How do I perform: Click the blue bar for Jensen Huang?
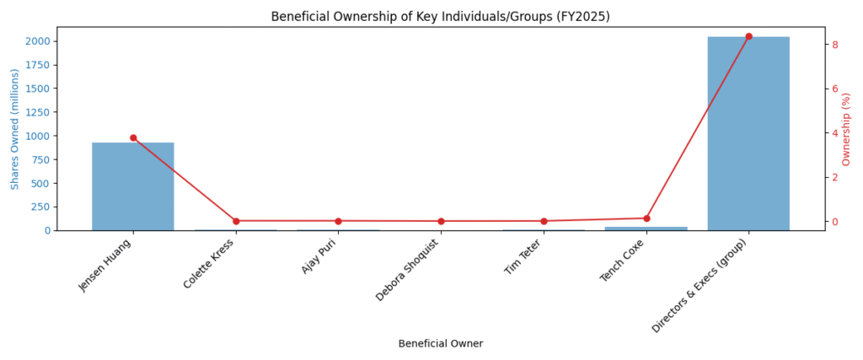pos(132,186)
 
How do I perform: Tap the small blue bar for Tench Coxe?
pos(646,228)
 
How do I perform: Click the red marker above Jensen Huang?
pos(133,137)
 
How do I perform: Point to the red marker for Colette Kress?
pos(236,221)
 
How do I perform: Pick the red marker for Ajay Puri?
pos(338,221)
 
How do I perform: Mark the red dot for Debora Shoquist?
pos(441,221)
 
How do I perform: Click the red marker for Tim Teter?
pos(544,221)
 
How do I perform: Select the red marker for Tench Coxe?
pos(646,218)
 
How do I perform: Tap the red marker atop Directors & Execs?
pos(748,36)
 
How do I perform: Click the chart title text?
pos(440,17)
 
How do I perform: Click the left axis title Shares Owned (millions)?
pos(15,128)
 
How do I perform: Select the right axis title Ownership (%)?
pos(847,128)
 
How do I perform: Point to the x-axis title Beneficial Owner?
pos(440,344)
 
